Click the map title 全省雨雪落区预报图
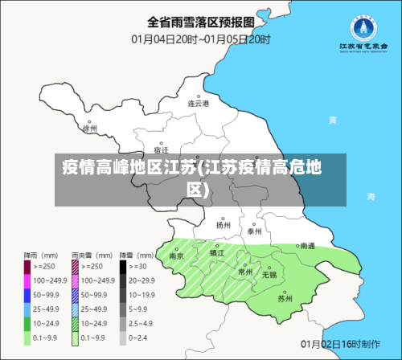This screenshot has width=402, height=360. point(200,21)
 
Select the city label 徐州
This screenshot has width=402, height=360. point(89,128)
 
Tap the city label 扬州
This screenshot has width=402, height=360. point(223,225)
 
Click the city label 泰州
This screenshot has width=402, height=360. point(255,231)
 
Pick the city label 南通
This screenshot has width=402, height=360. point(306,246)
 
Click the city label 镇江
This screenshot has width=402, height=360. point(216,252)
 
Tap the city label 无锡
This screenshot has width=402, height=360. point(269,274)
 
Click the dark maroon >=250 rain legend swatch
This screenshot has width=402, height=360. point(27,265)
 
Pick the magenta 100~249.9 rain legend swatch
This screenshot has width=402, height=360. point(27,280)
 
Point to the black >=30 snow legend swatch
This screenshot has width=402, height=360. point(124,265)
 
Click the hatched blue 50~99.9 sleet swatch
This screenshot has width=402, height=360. point(76,295)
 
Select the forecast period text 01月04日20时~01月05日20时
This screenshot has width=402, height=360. point(201,38)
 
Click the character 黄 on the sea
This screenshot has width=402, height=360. point(331,120)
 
